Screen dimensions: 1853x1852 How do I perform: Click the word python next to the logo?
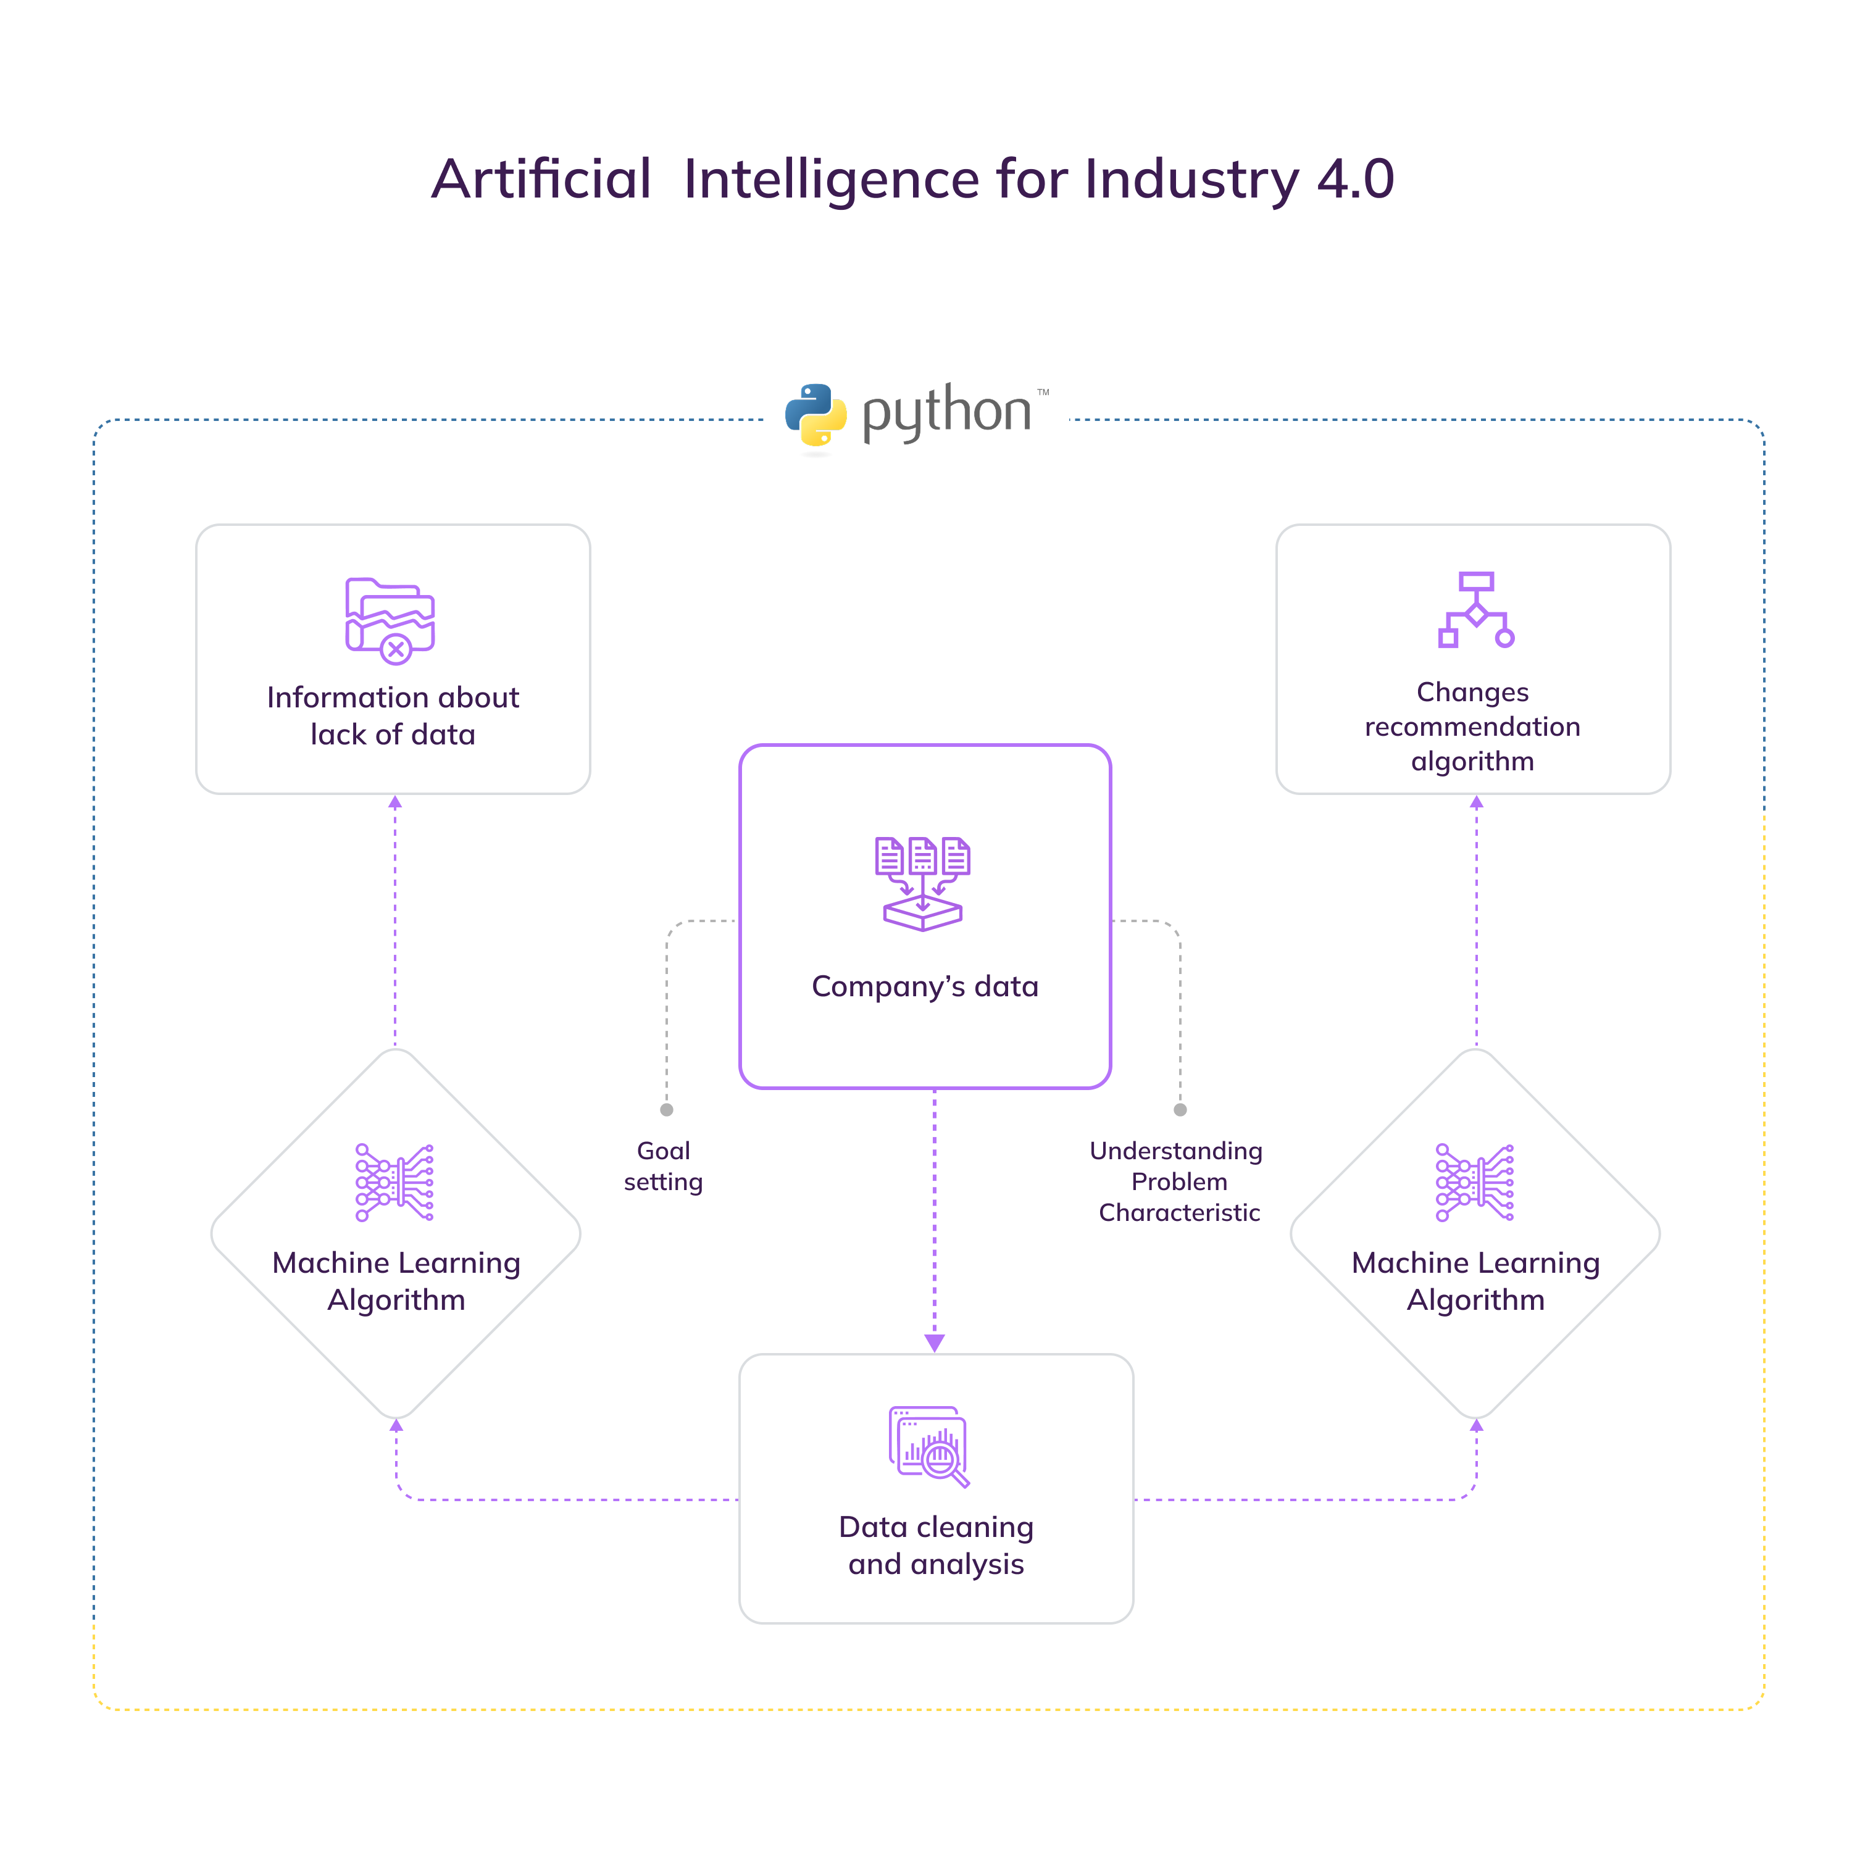[x=946, y=412]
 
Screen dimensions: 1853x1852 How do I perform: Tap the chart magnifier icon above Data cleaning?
[x=928, y=1446]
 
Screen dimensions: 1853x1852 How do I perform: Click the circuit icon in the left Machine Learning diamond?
[x=394, y=1181]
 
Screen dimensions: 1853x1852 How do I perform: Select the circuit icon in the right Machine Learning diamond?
[x=1474, y=1181]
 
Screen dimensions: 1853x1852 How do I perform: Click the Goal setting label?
[x=664, y=1166]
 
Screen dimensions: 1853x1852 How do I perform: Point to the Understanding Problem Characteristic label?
[x=1178, y=1181]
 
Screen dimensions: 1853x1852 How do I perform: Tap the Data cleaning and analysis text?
[x=936, y=1545]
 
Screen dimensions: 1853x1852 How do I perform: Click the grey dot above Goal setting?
[x=667, y=1110]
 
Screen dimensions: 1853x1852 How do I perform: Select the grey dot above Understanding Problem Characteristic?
[x=1180, y=1110]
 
